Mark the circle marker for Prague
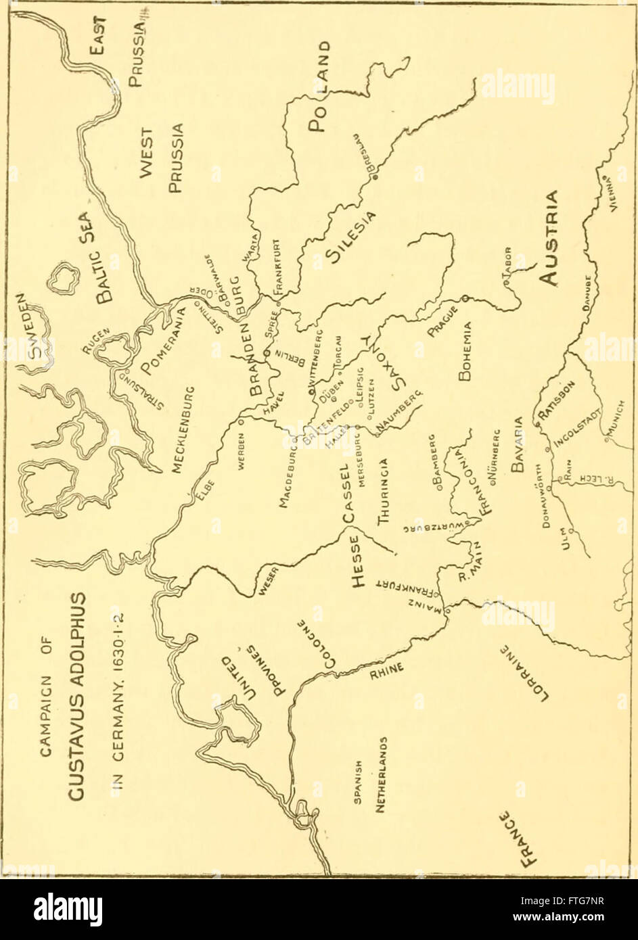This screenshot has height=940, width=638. point(465,298)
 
